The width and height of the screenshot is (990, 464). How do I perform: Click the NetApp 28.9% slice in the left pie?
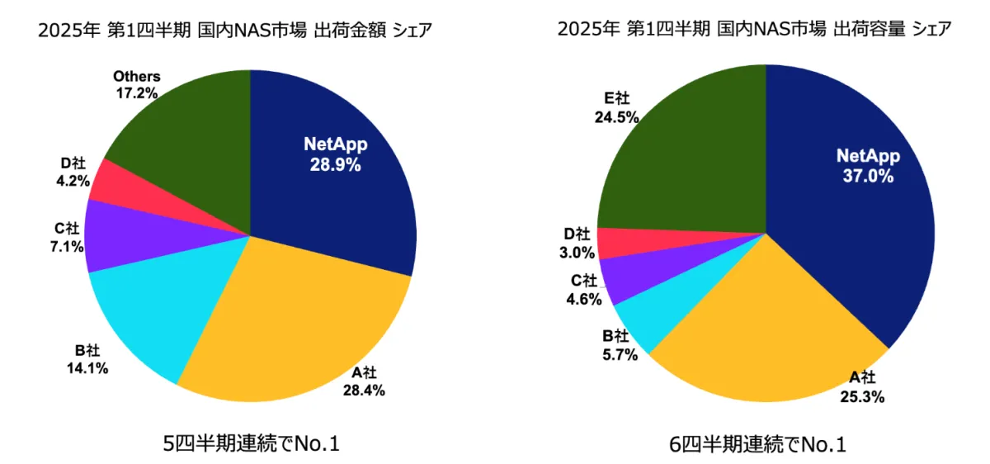330,190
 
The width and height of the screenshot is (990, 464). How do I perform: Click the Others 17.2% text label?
137,85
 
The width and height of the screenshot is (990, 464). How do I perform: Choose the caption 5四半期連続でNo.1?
252,444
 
